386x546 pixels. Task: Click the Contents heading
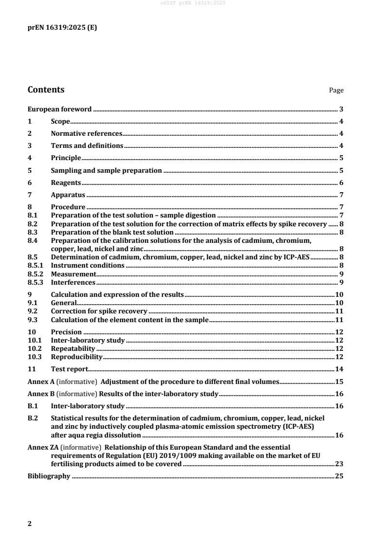46,90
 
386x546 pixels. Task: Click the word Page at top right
336,91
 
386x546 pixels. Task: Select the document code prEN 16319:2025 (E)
61,28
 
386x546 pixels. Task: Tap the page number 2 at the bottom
30,524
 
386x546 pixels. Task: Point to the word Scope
60,121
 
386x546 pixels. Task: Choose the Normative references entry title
86,133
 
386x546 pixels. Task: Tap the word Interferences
73,282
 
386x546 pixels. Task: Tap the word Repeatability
73,348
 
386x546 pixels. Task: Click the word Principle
66,158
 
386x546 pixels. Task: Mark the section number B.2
32,418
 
